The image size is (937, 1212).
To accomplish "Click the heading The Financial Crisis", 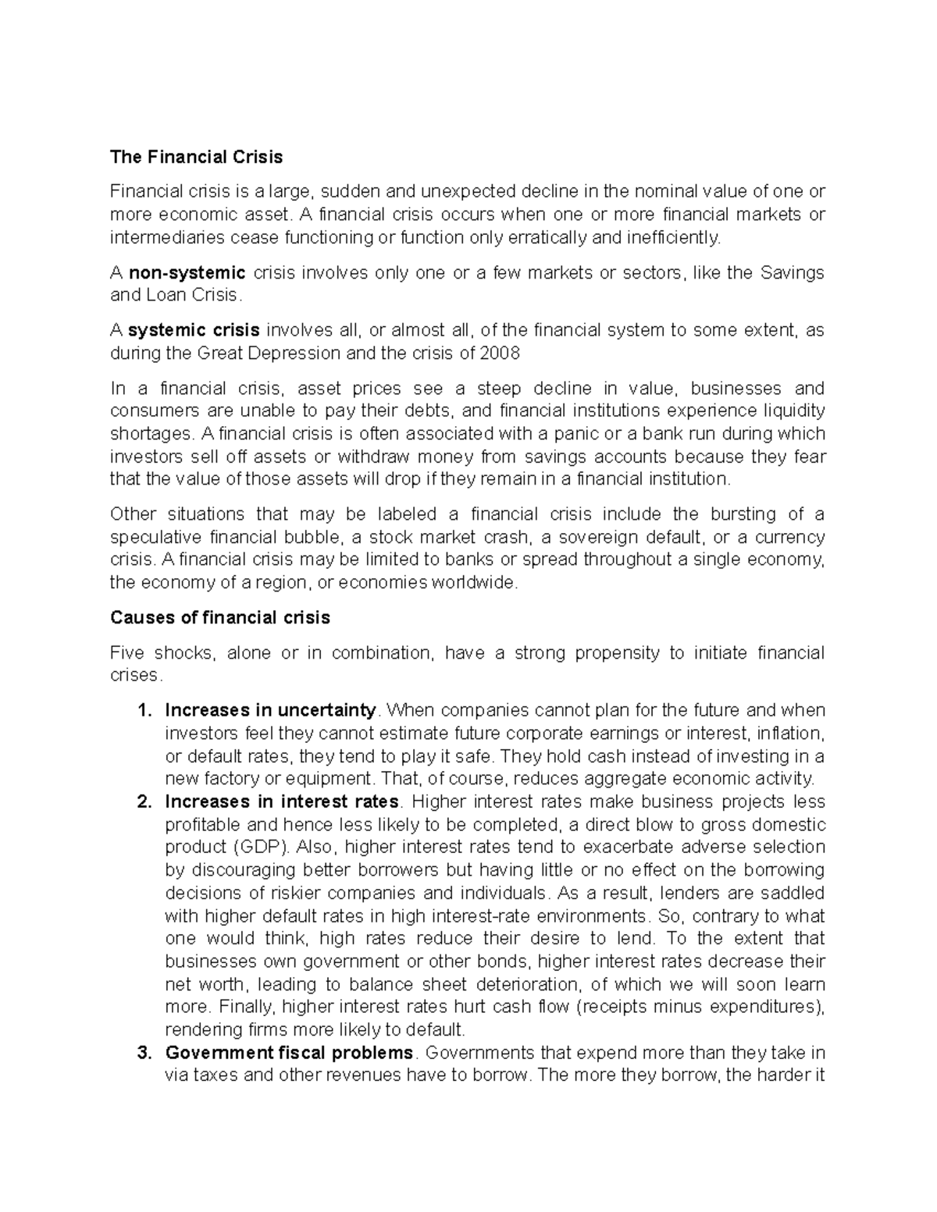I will tap(196, 157).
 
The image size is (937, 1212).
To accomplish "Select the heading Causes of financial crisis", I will tap(220, 618).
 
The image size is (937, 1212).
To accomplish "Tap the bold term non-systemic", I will tap(187, 272).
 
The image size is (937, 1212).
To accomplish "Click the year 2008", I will tap(501, 354).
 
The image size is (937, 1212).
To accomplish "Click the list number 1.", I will tap(142, 711).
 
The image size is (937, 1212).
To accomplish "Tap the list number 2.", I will tap(142, 801).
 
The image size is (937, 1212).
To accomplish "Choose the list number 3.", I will tap(142, 1053).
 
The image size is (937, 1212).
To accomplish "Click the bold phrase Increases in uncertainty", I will tap(270, 711).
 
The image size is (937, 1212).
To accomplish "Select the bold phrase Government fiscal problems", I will tap(289, 1053).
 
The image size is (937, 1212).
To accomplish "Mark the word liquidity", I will tap(794, 411).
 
